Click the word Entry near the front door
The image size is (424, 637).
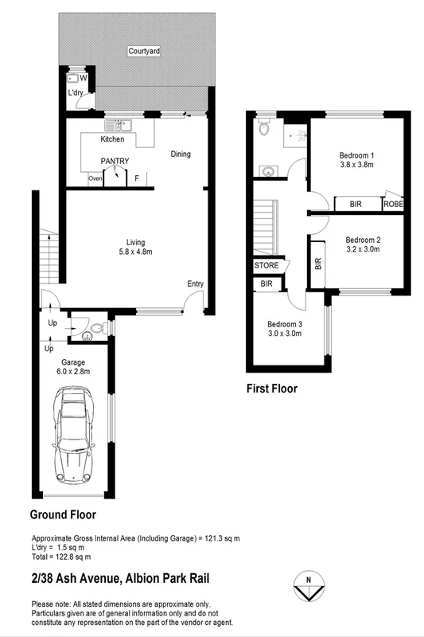coord(196,283)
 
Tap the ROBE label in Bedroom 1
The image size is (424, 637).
coord(393,205)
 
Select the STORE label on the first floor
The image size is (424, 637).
coord(266,265)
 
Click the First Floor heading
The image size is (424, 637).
coord(272,389)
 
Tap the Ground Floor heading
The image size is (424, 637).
coord(64,515)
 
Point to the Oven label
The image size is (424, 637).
coord(95,179)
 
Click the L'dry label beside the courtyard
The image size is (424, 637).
coord(76,94)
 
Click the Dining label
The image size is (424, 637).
coord(181,154)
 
